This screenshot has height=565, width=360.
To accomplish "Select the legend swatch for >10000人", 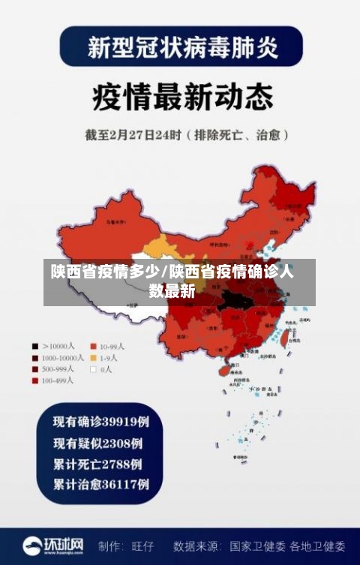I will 35,347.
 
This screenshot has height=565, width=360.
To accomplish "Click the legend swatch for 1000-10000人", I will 35,358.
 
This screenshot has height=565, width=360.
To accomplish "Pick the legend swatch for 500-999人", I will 35,369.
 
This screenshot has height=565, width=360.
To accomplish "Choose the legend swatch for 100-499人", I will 35,380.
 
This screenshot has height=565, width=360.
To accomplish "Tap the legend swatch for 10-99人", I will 94,347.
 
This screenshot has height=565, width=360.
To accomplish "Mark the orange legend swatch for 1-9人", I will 94,358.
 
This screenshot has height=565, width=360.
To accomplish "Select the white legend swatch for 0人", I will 94,369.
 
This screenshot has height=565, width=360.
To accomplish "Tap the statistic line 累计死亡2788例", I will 97,464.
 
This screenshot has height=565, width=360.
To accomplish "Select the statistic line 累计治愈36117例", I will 100,483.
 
